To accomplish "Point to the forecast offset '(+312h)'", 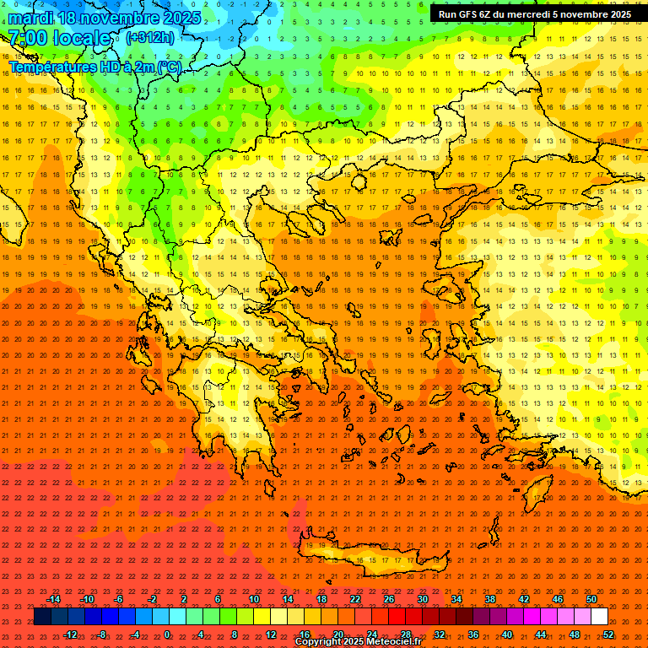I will pyautogui.click(x=150, y=38).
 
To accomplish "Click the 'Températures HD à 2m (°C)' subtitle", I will pyautogui.click(x=94, y=67).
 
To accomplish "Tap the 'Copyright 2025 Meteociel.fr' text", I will pyautogui.click(x=358, y=642).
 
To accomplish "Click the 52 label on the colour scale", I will pyautogui.click(x=608, y=634).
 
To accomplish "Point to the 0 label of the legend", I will pyautogui.click(x=167, y=634).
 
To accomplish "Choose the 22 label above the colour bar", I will pyautogui.click(x=355, y=599).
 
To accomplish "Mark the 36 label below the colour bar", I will pyautogui.click(x=473, y=634).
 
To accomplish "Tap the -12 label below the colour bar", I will pyautogui.click(x=70, y=634).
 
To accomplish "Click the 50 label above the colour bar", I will pyautogui.click(x=591, y=599).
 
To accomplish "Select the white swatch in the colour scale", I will pyautogui.click(x=599, y=617).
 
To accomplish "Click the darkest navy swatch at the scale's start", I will pyautogui.click(x=42, y=617).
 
